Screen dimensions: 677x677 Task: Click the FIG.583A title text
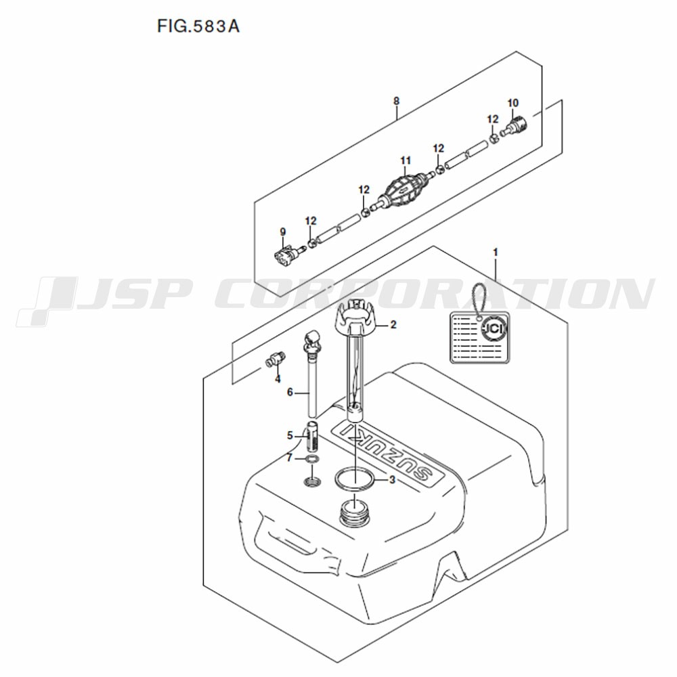click(198, 27)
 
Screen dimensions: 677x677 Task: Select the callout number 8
click(396, 101)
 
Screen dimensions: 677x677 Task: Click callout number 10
click(512, 103)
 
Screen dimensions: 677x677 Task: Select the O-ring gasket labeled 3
click(355, 479)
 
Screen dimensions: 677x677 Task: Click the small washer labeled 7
click(312, 458)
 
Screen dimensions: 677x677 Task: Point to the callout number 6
click(290, 392)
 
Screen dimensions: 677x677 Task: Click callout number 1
click(496, 252)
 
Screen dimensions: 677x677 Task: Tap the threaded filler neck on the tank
click(355, 512)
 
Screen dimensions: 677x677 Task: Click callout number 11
click(406, 161)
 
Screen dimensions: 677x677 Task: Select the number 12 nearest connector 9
click(311, 221)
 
